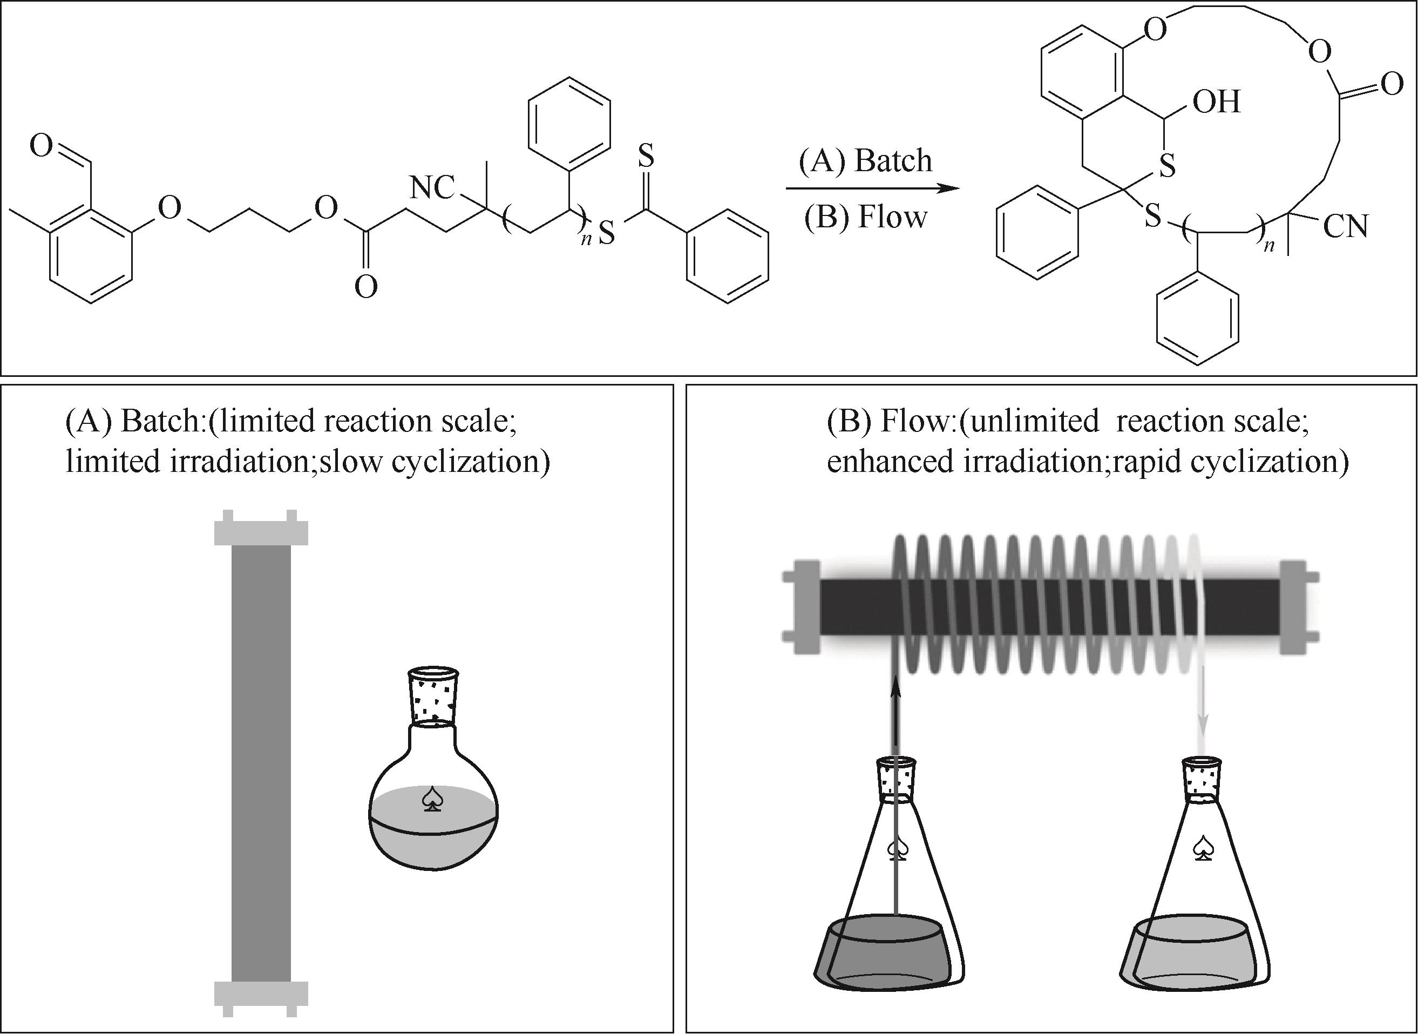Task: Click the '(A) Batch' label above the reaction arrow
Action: [x=865, y=160]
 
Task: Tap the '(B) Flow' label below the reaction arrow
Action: [x=865, y=217]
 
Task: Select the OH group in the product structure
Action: [x=1216, y=102]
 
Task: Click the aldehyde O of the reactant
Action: [x=42, y=146]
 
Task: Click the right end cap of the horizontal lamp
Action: [x=1298, y=607]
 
